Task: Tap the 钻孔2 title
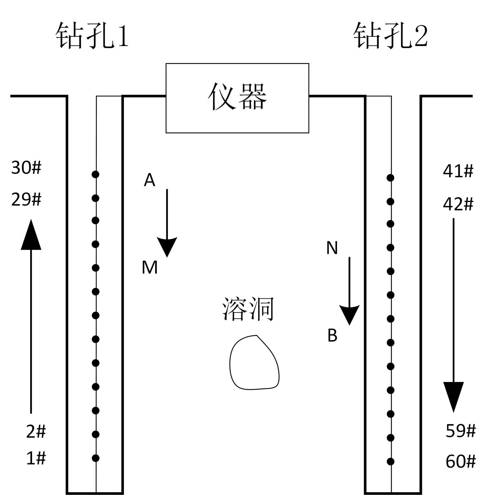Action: coord(390,35)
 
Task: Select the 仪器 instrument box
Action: coord(237,98)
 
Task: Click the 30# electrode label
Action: coord(26,168)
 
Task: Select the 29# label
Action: coord(26,200)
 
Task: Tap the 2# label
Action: coord(36,431)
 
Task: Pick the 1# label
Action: coord(36,458)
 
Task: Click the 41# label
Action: coord(458,171)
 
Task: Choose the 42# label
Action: coord(458,204)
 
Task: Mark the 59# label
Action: coord(461,431)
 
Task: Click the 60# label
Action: coord(461,461)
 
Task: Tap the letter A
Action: coord(149,180)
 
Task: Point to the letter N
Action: coord(332,248)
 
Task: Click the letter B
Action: coord(332,335)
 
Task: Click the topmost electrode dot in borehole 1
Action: coord(95,175)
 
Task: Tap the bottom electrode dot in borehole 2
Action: coord(391,461)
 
